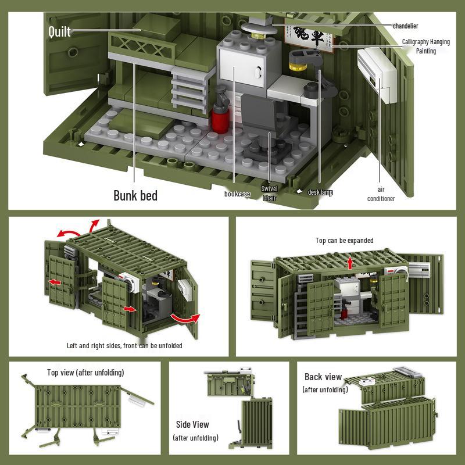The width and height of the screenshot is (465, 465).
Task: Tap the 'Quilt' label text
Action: (59, 31)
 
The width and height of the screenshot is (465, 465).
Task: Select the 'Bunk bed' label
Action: (135, 195)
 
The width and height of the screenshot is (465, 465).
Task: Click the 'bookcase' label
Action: (237, 194)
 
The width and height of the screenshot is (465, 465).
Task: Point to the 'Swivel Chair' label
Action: (270, 194)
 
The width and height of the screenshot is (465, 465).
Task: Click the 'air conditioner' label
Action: (381, 194)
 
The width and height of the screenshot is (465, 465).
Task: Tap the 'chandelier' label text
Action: (405, 26)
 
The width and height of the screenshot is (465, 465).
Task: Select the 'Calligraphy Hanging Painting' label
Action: (425, 46)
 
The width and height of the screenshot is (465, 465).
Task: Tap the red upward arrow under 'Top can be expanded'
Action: (350, 262)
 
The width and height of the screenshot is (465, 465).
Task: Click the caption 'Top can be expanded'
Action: (344, 241)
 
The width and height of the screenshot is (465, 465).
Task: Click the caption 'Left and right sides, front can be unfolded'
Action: (124, 346)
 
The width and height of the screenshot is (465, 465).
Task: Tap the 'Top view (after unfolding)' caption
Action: (85, 373)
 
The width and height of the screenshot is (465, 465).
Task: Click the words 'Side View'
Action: (192, 425)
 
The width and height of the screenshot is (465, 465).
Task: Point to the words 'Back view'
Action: (323, 377)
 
